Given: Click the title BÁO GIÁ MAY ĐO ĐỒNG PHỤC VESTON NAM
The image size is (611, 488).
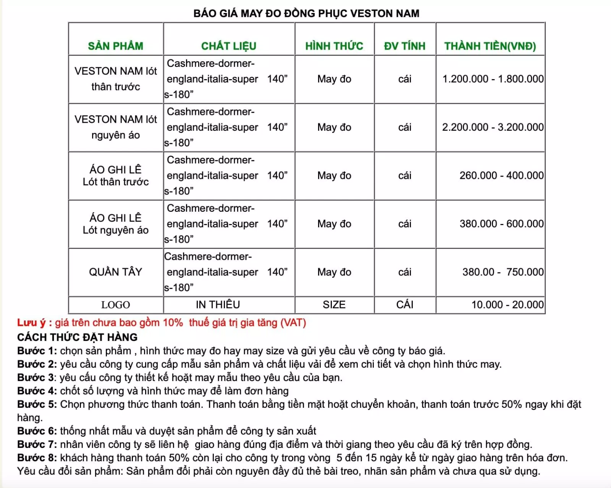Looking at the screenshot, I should click(x=306, y=13).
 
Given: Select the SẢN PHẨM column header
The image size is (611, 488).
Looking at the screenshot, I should click(x=115, y=46).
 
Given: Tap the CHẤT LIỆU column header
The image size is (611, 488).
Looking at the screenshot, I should click(x=228, y=46).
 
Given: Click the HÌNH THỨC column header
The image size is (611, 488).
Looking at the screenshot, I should click(x=334, y=46).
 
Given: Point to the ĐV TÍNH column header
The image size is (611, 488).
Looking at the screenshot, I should click(x=404, y=46).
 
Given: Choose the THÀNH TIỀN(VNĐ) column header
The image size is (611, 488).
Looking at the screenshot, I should click(x=490, y=46).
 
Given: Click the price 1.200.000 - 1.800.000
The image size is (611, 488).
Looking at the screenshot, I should click(x=493, y=79).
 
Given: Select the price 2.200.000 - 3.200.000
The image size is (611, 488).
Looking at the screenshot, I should click(x=493, y=127).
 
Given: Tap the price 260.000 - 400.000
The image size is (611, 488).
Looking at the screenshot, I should click(x=501, y=175).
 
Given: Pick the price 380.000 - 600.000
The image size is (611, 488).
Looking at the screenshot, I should click(x=501, y=224).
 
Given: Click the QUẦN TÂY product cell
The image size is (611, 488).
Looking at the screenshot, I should click(x=115, y=272).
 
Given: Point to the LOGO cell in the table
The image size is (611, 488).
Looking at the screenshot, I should click(x=115, y=305).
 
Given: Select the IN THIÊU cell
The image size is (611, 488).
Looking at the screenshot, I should click(x=218, y=305).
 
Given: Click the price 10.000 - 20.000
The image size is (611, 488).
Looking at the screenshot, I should click(x=507, y=305).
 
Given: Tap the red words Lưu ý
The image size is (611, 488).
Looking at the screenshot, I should click(x=31, y=323).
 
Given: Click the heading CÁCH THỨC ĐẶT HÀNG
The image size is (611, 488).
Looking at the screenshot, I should click(x=77, y=337).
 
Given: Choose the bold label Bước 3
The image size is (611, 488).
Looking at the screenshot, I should click(x=36, y=378).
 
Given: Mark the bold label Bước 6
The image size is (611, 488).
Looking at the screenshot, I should click(x=37, y=431).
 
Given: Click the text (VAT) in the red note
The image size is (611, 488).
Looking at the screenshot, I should click(x=293, y=323).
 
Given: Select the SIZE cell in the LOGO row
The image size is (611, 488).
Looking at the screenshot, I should click(x=334, y=305).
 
